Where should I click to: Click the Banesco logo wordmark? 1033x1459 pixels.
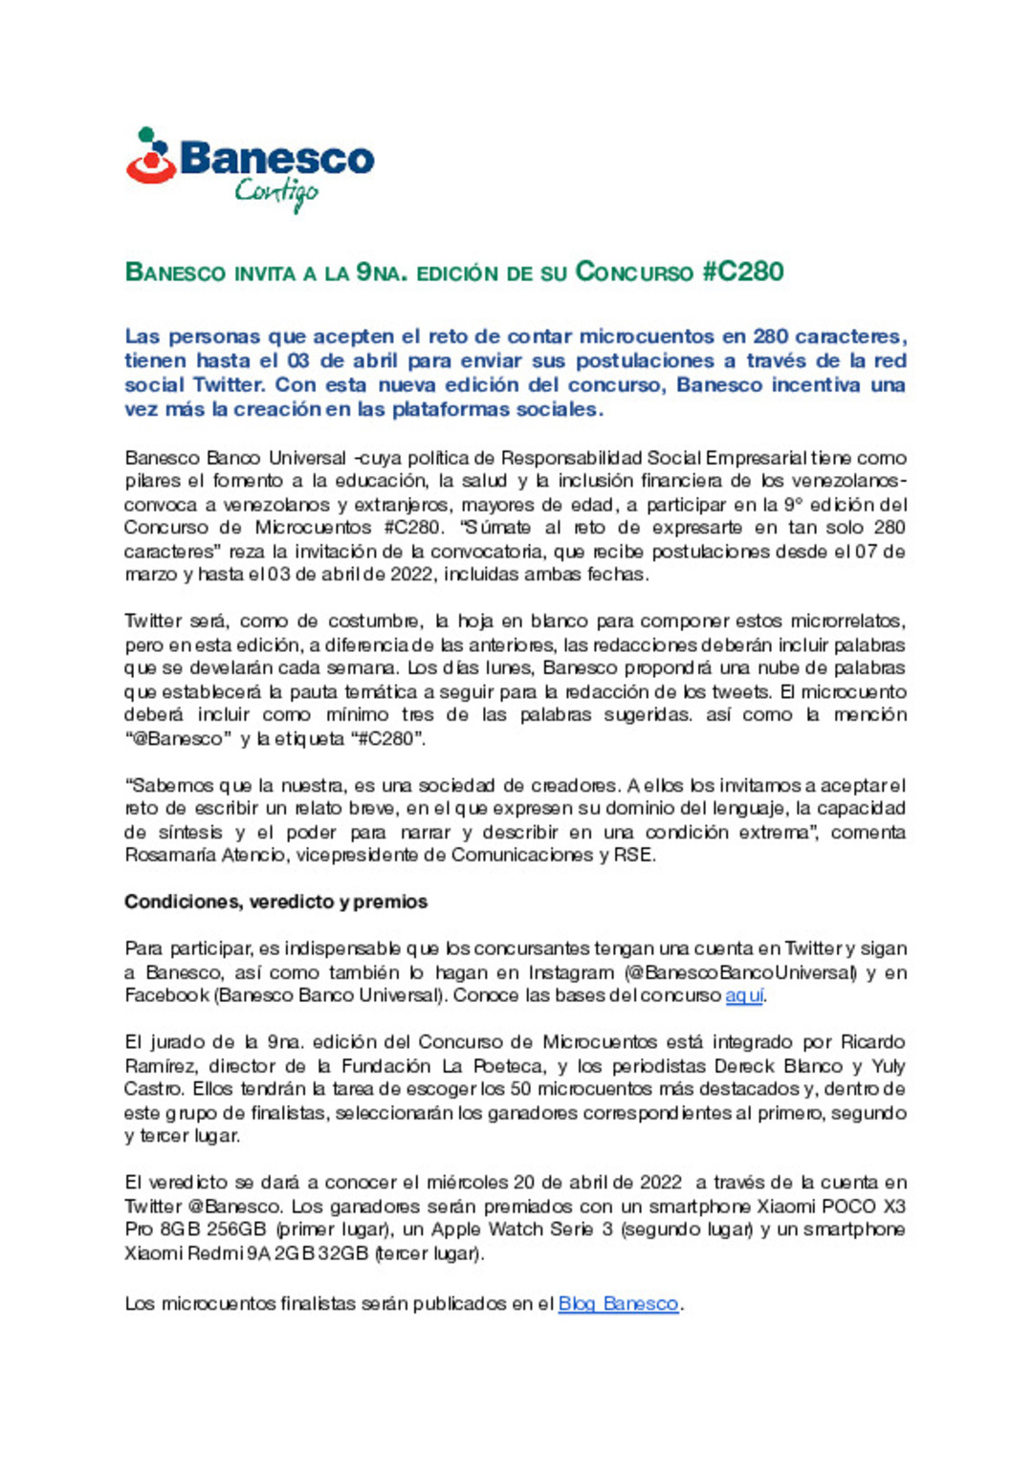pos(276,158)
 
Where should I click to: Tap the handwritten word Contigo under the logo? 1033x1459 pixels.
pos(276,193)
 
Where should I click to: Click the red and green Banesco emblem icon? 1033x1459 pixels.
pos(151,156)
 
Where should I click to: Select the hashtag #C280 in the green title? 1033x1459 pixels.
pos(742,272)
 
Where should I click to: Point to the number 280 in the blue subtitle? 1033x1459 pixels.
pos(770,337)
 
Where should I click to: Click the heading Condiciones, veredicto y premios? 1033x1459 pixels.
pos(275,902)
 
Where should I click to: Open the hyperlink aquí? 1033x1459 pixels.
pos(744,995)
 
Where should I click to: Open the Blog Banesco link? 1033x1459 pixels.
pos(618,1303)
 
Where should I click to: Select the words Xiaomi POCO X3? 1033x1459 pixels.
pos(831,1207)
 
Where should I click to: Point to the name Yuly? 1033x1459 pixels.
pos(889,1066)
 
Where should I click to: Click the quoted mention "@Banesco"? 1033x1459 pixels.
pos(178,739)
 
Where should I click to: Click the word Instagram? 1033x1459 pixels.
pos(571,972)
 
